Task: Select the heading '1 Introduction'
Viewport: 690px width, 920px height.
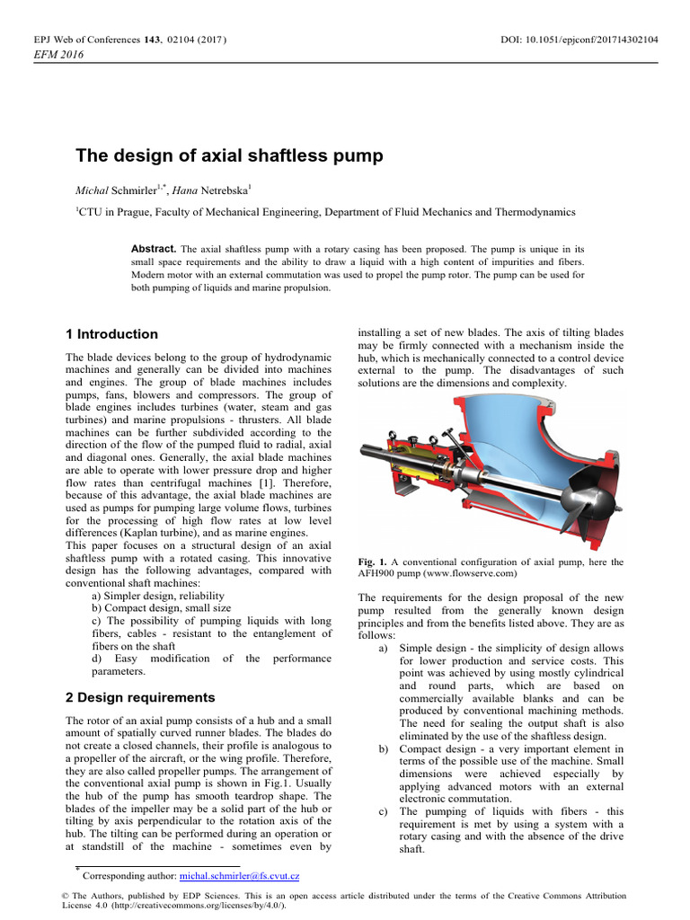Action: click(x=112, y=334)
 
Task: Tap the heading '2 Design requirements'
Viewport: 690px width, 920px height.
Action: click(x=141, y=697)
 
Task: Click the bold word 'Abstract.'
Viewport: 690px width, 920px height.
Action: click(x=155, y=248)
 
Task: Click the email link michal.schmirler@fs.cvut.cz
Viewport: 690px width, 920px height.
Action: click(x=240, y=875)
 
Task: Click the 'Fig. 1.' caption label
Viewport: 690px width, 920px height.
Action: click(x=372, y=562)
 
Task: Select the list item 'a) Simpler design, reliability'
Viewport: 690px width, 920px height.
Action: click(x=158, y=596)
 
